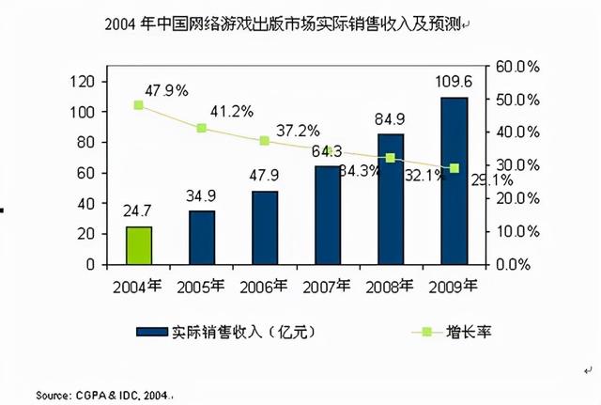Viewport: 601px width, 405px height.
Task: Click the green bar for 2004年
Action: click(139, 245)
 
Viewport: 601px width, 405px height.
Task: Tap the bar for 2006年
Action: click(265, 227)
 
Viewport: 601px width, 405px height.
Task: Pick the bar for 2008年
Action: click(392, 199)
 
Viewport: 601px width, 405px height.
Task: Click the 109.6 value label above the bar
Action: click(454, 83)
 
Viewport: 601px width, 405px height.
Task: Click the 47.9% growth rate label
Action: click(166, 90)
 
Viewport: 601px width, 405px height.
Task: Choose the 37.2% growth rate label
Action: click(296, 130)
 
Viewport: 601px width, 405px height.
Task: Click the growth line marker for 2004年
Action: click(139, 105)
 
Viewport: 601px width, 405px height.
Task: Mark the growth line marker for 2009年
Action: click(455, 168)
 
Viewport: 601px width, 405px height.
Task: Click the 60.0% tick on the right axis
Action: click(515, 67)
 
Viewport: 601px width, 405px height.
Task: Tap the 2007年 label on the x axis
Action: click(328, 286)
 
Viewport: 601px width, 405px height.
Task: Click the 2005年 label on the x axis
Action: click(202, 286)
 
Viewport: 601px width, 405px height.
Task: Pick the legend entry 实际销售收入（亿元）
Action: click(225, 331)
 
